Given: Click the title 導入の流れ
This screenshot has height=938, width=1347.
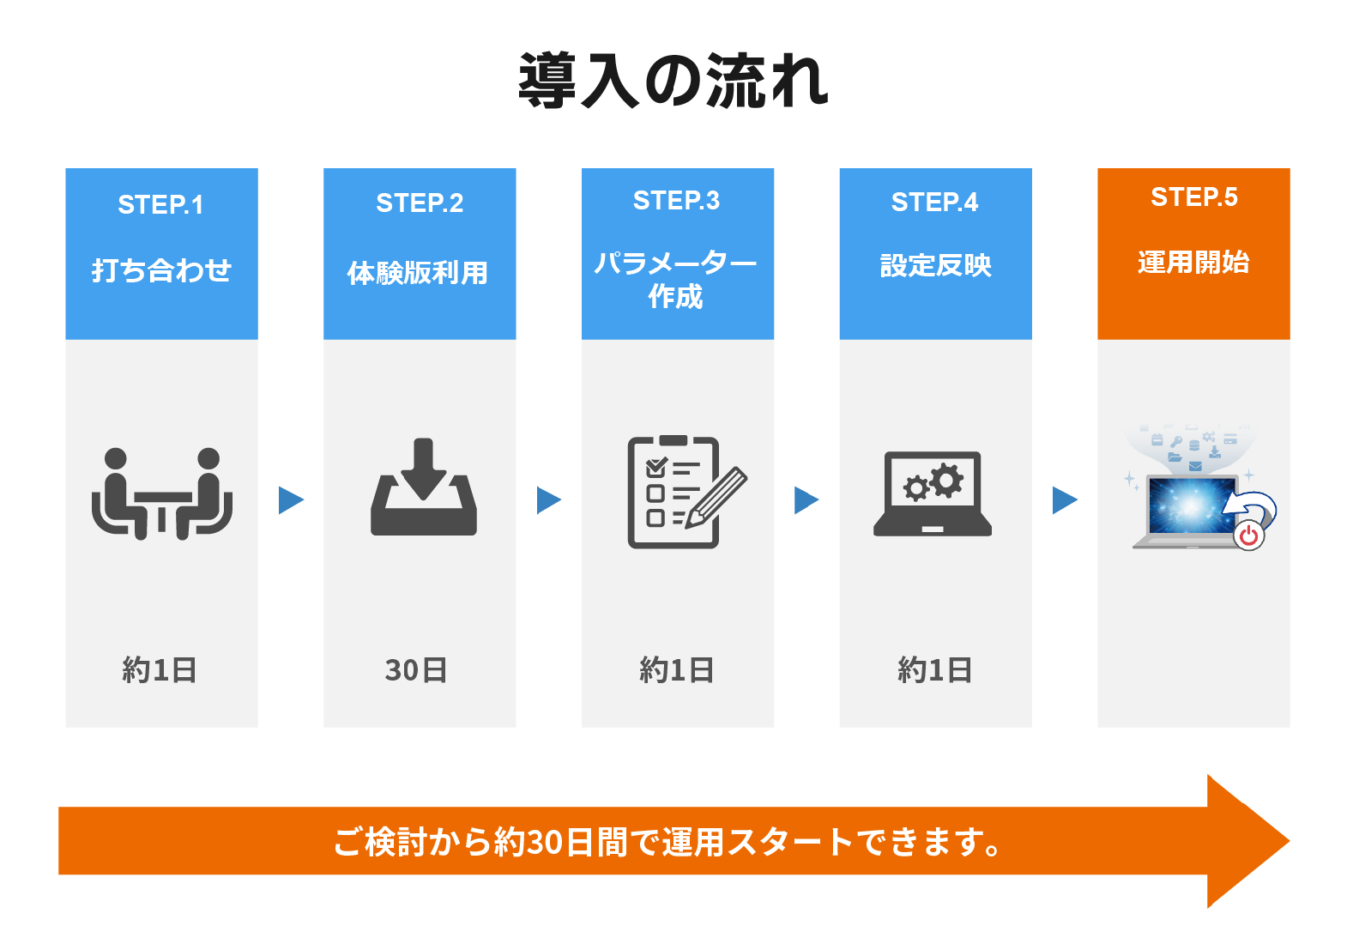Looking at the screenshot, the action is point(673,81).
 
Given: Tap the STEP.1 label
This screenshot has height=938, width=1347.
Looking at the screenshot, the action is point(160,204).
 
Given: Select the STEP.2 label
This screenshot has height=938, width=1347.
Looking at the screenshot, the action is point(420,203).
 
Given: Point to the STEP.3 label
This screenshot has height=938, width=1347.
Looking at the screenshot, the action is point(677,200).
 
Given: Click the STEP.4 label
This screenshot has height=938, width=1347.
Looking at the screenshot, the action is point(934,203).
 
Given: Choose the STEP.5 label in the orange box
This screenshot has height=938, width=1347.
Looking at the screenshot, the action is point(1194,197).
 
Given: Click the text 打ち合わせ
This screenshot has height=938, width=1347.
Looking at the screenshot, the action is point(161,270).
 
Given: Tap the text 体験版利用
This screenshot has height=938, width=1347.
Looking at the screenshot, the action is point(418,273).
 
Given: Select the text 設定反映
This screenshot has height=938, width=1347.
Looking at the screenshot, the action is point(936,265).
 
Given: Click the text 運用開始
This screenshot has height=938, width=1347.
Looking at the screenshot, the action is point(1193,263).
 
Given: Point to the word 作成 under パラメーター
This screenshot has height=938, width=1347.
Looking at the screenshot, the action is point(675,297).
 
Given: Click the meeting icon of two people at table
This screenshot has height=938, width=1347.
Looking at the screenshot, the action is point(162,493).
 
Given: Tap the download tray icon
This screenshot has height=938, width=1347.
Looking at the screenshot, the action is point(423,487).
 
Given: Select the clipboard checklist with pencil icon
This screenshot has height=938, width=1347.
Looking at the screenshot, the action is point(687,492).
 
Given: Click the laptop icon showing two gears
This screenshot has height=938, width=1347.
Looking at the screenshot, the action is point(933,494).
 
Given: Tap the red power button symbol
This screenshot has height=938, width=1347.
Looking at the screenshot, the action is point(1249,535).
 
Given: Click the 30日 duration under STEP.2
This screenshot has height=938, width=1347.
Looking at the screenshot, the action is point(416,670).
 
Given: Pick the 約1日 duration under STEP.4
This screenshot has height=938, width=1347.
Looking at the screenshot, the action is point(935,670).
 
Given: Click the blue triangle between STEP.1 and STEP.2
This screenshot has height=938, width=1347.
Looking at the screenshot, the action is point(291,500).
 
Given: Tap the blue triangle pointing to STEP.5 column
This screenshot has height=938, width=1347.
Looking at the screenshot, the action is point(1065,500).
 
